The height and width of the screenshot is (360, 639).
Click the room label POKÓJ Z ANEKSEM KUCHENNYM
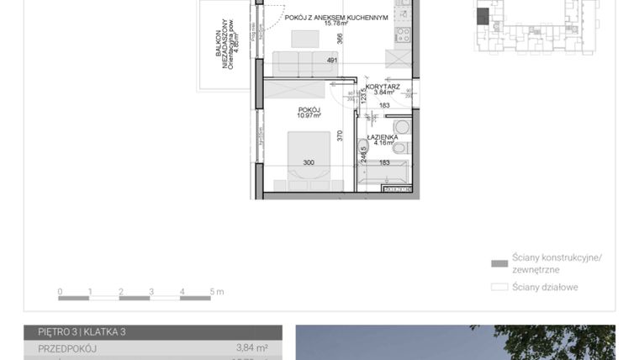(x=336, y=17)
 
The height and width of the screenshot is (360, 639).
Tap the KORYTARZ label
(x=383, y=86)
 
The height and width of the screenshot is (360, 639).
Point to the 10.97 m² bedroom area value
(x=309, y=116)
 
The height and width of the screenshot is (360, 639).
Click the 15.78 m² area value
(x=336, y=25)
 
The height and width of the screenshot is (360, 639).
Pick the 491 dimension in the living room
(x=331, y=61)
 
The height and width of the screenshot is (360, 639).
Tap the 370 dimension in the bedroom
(x=340, y=135)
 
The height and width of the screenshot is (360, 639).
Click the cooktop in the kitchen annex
(x=402, y=35)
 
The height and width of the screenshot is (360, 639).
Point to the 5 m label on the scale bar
(x=216, y=292)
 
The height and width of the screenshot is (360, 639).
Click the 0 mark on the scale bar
(x=61, y=292)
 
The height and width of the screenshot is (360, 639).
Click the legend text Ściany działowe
(x=547, y=287)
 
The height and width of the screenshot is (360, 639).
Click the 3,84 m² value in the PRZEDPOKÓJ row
(x=252, y=347)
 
